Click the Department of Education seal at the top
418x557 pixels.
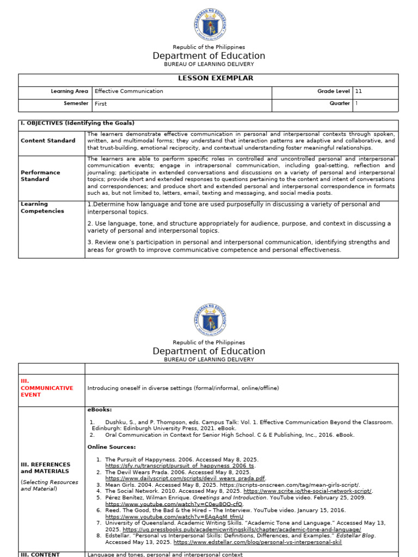209,24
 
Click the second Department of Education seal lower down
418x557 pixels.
209,319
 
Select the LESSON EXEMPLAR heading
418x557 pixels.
208,78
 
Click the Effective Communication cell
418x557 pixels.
128,91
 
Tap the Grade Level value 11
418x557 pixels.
359,91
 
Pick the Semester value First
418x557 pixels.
101,103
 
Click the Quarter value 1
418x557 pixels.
357,103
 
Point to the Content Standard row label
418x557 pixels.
48,141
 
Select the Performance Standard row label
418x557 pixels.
41,176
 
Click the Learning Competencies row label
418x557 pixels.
42,208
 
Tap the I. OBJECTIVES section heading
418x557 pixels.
77,123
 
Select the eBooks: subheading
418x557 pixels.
100,409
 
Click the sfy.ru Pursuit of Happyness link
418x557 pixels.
180,466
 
